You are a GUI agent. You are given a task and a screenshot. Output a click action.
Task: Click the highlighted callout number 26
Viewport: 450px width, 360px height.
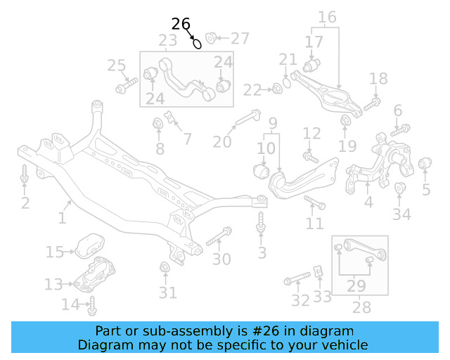(181, 24)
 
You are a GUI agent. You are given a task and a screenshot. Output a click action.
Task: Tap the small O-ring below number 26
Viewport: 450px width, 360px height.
(198, 44)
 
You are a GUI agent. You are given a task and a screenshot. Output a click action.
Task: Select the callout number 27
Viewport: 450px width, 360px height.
(240, 37)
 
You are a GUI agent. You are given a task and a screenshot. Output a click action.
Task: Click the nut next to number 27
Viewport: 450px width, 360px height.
(212, 37)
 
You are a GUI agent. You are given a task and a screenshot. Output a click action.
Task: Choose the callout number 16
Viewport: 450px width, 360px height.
(327, 16)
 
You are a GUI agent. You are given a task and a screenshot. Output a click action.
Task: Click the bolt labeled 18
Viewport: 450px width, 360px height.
(372, 103)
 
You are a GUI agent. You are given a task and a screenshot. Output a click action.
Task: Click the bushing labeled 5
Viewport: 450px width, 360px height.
(425, 165)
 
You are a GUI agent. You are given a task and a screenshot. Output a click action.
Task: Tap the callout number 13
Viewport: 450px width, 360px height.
(53, 284)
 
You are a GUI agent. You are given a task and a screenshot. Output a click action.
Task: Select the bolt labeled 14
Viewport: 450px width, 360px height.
(91, 306)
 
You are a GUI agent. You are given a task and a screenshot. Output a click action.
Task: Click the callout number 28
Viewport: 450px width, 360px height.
(361, 307)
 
